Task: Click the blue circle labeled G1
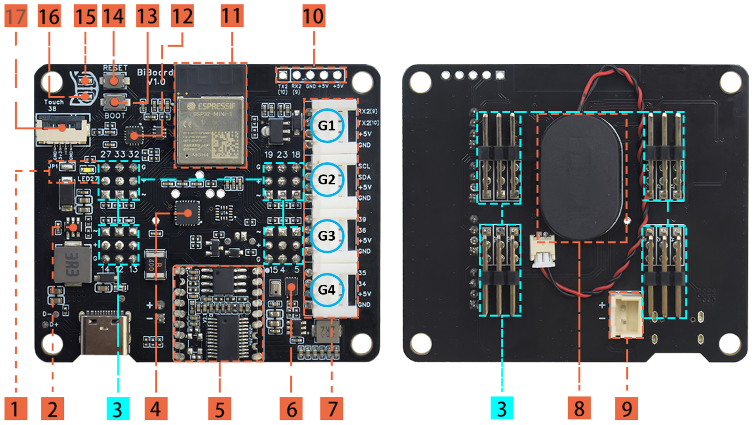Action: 327,126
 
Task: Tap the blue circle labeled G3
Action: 327,235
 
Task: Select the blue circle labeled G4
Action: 327,289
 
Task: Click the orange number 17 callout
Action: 15,16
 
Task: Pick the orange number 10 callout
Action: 314,16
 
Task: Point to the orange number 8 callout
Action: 579,409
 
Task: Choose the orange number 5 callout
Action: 220,409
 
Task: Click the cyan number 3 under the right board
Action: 501,409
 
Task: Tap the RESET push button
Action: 114,80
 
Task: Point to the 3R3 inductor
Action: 72,264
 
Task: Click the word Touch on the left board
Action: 54,102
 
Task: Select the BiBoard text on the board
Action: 155,73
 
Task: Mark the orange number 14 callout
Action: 113,16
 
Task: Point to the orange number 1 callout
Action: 15,409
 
